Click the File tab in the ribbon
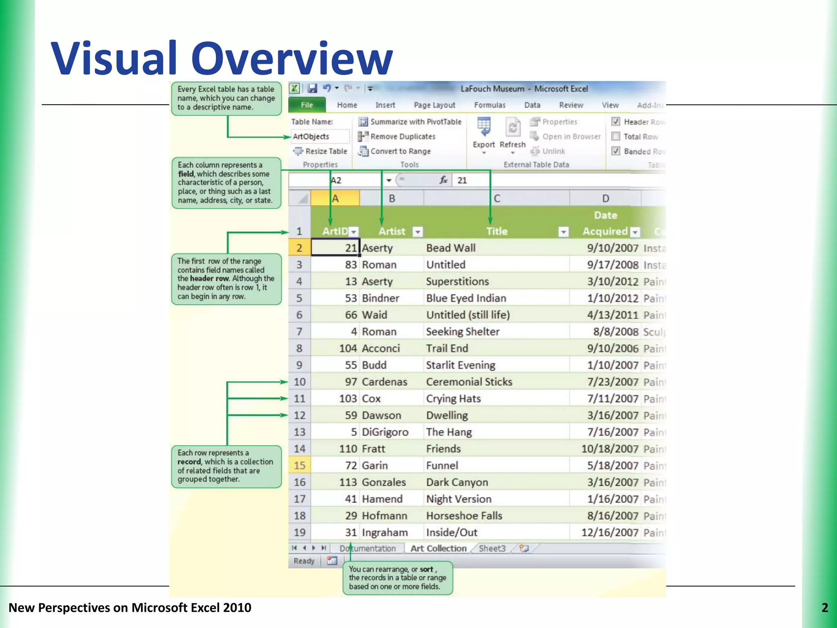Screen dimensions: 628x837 pos(307,105)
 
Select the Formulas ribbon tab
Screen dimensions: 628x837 pos(490,105)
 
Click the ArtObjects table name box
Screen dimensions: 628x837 pos(320,137)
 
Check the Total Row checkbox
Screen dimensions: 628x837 pos(616,137)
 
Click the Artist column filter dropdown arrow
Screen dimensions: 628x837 pos(417,232)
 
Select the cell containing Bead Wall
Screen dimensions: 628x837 pos(451,248)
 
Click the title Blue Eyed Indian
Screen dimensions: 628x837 pos(466,298)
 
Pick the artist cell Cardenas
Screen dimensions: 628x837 pos(385,382)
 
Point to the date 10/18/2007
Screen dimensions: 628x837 pos(610,449)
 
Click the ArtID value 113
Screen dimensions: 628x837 pos(348,482)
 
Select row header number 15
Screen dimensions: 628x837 pos(300,466)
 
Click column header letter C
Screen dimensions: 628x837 pos(497,199)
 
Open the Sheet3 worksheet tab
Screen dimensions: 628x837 pos(492,549)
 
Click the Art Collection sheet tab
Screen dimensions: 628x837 pos(438,549)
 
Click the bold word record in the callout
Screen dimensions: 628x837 pos(189,462)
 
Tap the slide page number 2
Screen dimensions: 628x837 pos(825,608)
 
